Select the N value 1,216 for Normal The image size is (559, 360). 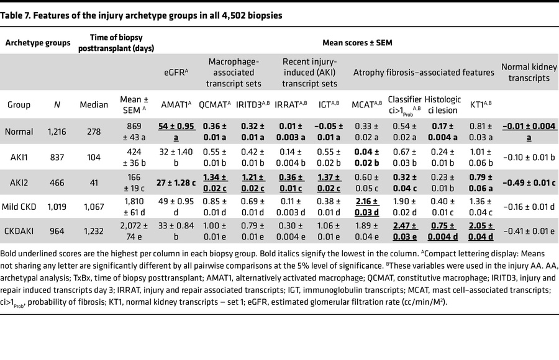click(57, 131)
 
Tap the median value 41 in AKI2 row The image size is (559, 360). click(93, 183)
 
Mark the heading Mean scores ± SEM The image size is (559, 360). click(357, 43)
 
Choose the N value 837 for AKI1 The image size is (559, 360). click(57, 157)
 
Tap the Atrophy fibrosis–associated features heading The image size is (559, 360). click(424, 72)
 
